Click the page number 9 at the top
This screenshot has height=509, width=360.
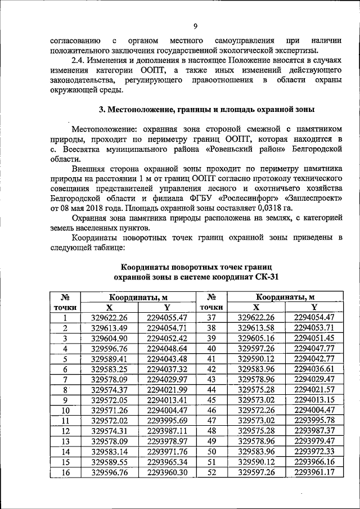coord(195,26)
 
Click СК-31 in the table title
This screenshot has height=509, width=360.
coord(265,277)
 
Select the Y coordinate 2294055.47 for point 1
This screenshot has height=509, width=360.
coord(166,318)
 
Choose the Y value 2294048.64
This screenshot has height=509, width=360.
coord(166,349)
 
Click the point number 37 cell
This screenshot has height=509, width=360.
coord(212,318)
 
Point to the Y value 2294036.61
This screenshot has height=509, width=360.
coord(314,369)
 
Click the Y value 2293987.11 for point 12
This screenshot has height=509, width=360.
coord(166,431)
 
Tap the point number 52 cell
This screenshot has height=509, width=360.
coord(212,472)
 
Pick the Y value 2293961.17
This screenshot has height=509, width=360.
coord(314,472)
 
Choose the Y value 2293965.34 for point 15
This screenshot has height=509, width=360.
coord(166,462)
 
